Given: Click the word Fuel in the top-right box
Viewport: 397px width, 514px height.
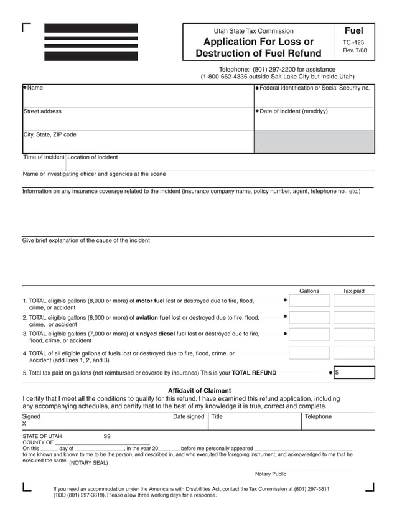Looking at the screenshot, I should [353, 30].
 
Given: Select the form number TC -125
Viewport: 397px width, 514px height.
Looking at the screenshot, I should [353, 42].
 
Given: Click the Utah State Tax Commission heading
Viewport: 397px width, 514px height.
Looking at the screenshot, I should [253, 31].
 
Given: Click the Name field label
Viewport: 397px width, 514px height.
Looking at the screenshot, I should [35, 88].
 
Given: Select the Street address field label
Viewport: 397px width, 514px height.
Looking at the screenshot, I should [42, 111].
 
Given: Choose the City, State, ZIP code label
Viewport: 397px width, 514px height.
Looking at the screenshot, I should [50, 134].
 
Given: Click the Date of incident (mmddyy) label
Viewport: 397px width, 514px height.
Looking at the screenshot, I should [293, 111].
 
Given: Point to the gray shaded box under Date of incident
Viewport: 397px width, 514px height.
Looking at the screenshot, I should [314, 142].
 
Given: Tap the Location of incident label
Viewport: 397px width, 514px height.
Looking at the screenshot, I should [92, 157].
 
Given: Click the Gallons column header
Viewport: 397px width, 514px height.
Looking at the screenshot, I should [309, 291].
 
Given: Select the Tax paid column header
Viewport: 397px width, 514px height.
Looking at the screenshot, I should [353, 291].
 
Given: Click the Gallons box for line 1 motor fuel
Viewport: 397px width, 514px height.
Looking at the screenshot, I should [309, 301].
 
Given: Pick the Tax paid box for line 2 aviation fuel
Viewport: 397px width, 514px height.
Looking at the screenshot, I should [353, 318].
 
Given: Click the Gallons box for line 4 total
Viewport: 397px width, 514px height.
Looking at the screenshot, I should [309, 353].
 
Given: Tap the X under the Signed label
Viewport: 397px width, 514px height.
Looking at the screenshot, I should [25, 424].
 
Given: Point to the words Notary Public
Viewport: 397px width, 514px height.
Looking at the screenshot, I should [270, 474].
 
